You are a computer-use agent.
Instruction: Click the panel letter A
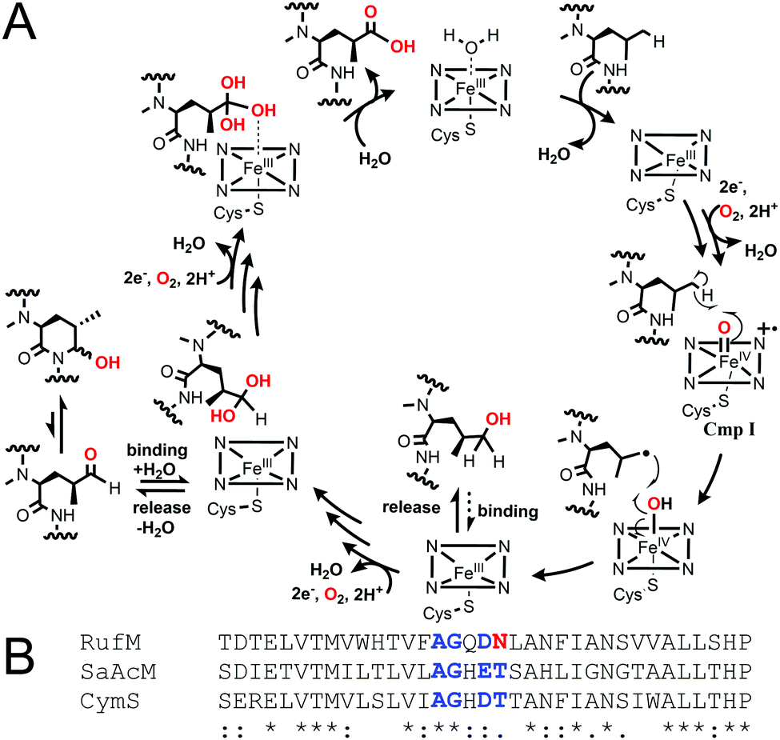[21, 25]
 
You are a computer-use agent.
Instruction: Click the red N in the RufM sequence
[500, 642]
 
